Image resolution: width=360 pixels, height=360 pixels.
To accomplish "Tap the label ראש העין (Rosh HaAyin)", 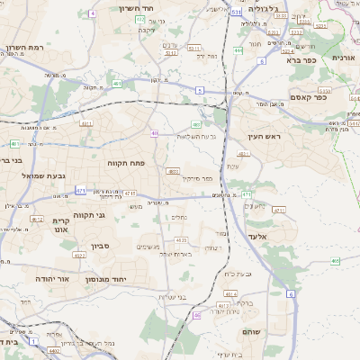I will pos(265,136).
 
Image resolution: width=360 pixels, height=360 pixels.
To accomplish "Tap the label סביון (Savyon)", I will pos(101,243).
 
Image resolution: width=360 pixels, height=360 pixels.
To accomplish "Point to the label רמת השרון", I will pos(24,48).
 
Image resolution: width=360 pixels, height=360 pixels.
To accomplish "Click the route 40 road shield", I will pos(155,133).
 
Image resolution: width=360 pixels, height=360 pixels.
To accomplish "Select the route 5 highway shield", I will pos(199,90).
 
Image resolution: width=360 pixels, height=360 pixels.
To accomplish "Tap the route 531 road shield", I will pos(234,13).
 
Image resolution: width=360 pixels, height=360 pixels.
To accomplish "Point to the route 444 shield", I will pos(238,51).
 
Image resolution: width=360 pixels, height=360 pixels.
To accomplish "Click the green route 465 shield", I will pos(335,261).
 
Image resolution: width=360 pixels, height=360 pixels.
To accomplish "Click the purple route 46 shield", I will pos(197,315).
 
